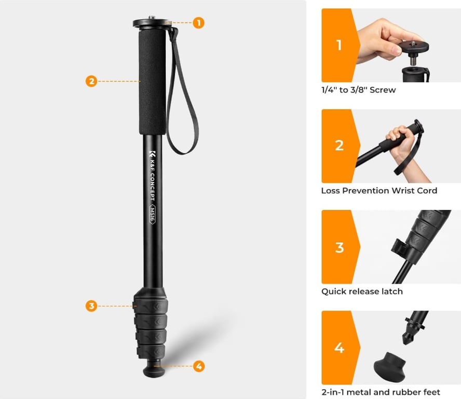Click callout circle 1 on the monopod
tap(199, 23)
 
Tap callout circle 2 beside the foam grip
tap(91, 81)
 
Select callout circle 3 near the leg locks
tap(91, 305)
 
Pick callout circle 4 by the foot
tap(199, 366)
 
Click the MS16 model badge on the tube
tap(152, 214)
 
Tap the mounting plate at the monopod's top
tap(152, 23)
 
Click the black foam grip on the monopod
tap(152, 82)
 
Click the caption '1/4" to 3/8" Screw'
tap(358, 90)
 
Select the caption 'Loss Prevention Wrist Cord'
tap(379, 191)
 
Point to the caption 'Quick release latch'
tap(362, 291)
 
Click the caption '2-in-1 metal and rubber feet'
tap(381, 392)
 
